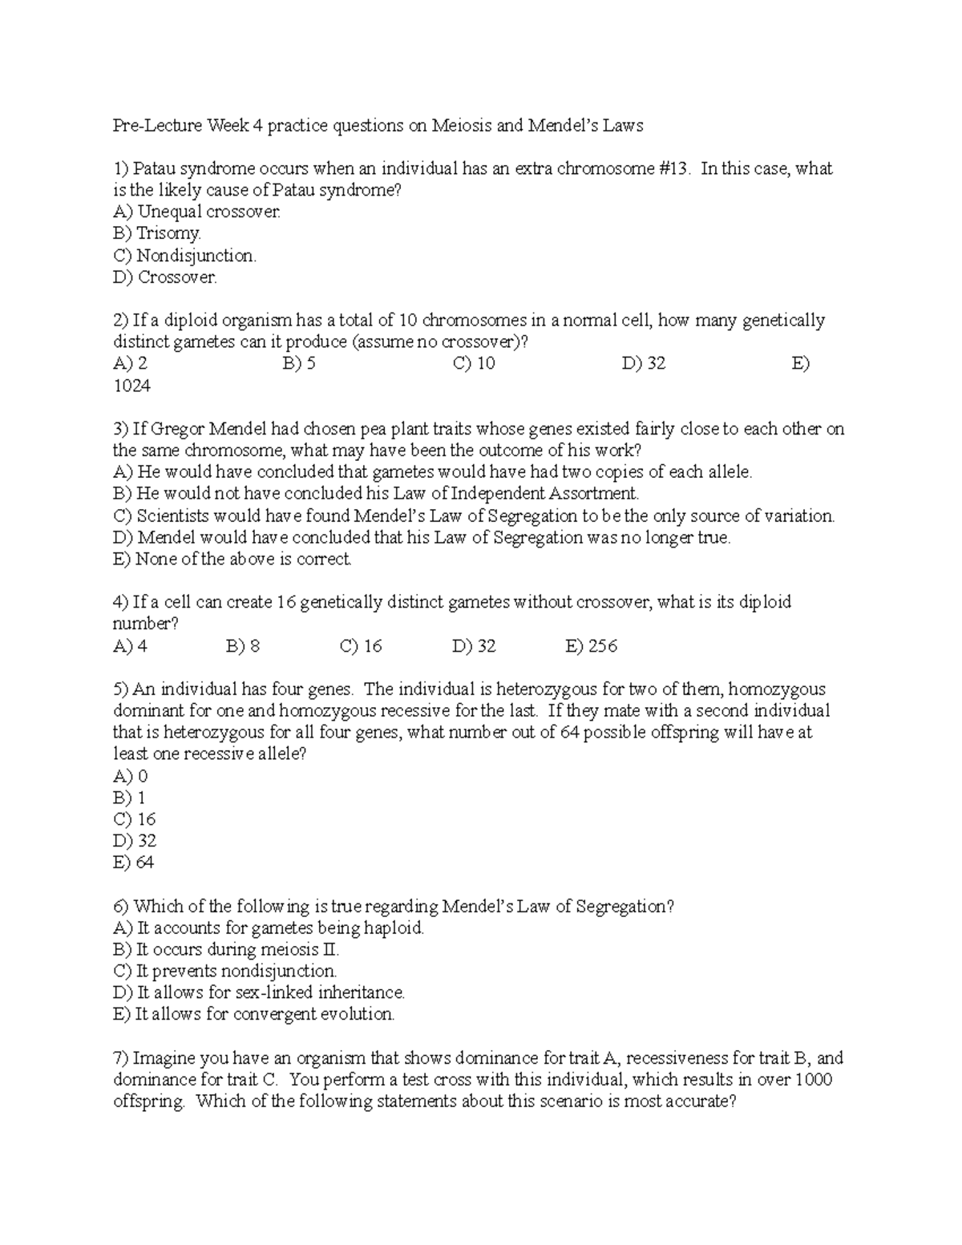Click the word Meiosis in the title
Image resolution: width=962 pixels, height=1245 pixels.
463,126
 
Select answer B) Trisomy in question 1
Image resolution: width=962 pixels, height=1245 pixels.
157,233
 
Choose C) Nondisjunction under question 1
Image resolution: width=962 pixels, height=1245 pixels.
184,256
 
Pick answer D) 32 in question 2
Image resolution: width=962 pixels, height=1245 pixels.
644,364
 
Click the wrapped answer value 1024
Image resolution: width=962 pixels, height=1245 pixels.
132,386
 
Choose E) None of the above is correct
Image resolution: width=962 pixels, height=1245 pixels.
232,560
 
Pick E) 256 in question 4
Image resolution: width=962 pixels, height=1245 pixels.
591,646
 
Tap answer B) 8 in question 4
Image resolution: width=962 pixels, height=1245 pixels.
243,646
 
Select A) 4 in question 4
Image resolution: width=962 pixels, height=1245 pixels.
131,646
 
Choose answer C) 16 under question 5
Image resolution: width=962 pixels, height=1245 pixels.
135,819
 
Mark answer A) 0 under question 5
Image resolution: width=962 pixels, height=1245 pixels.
131,776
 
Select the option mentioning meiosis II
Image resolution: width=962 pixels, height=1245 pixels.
226,950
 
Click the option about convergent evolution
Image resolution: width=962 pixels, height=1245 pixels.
254,1015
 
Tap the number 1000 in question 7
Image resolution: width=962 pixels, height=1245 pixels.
813,1080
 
